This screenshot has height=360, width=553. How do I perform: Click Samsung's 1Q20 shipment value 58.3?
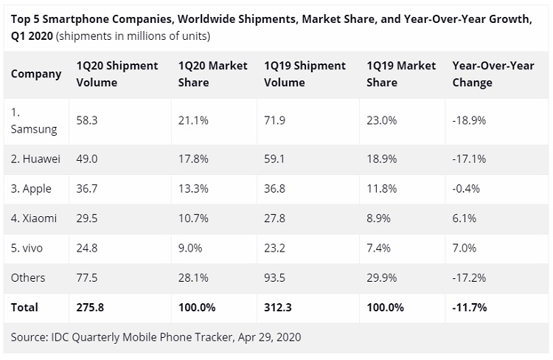click(86, 120)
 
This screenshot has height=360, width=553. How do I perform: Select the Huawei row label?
click(35, 159)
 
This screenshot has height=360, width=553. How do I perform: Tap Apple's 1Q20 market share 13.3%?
click(192, 189)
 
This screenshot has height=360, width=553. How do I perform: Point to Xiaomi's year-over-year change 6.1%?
click(465, 218)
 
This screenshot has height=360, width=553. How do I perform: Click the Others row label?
click(28, 277)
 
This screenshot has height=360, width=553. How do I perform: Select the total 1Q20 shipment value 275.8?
click(92, 307)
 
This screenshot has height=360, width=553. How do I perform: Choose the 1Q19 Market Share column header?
click(400, 74)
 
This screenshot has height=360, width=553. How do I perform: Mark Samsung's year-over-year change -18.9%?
click(469, 120)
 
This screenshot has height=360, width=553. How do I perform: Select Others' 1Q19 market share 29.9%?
click(380, 277)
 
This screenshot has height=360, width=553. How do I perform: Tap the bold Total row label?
click(24, 307)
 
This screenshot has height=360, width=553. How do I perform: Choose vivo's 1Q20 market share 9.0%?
click(189, 248)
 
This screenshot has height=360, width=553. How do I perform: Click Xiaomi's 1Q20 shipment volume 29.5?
click(87, 218)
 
